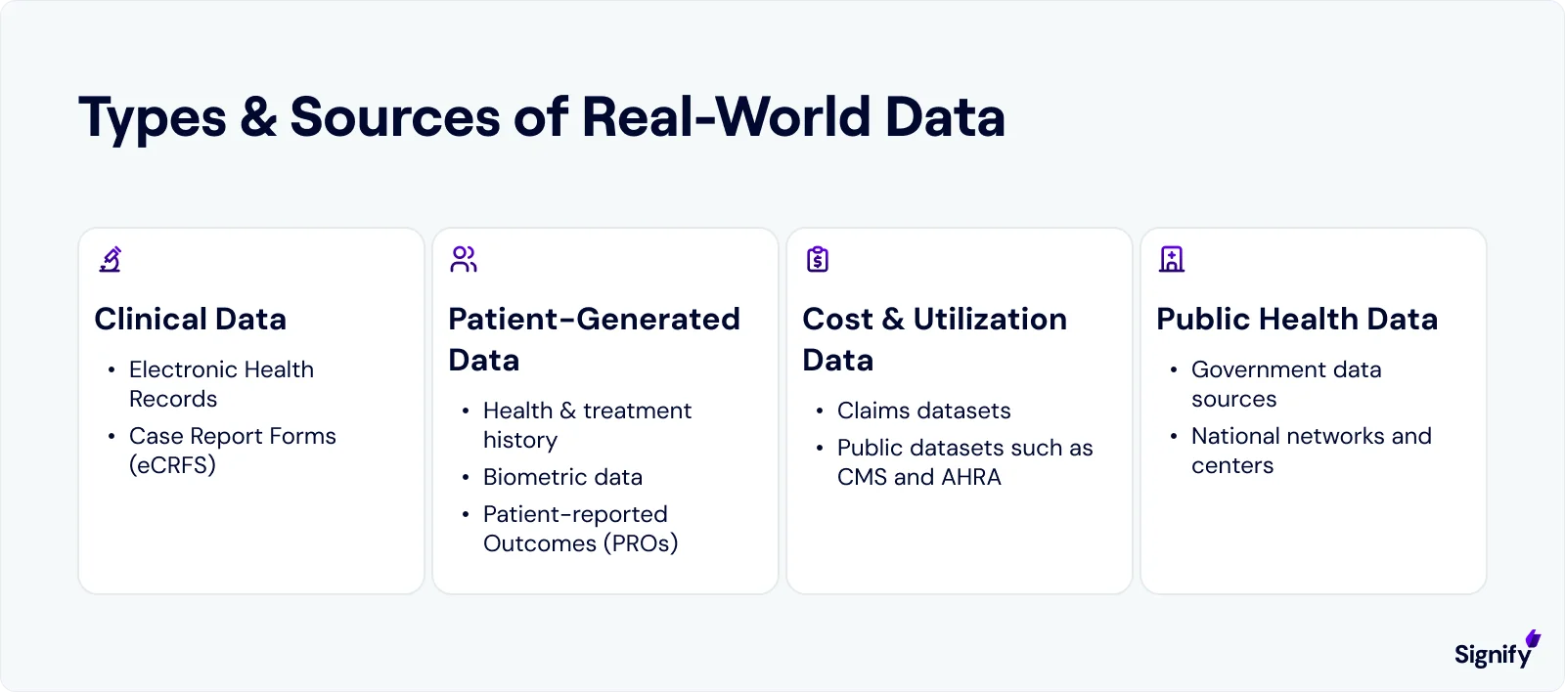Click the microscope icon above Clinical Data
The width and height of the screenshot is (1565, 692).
coord(111,259)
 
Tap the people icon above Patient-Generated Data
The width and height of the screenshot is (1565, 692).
coord(464,259)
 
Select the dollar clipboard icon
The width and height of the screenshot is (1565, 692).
coord(818,259)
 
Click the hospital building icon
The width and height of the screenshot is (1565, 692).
coord(1172,259)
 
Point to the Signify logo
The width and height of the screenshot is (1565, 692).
coord(1496,650)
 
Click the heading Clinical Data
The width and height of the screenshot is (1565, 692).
coord(191,320)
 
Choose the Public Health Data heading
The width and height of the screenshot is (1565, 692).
coord(1297,320)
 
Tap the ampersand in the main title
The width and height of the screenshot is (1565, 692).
coord(258,117)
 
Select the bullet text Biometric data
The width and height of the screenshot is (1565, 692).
coord(562,477)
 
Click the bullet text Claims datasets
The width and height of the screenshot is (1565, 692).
coord(923,411)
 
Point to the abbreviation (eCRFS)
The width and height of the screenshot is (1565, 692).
coord(172,465)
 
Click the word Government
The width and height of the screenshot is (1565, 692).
coord(1258,369)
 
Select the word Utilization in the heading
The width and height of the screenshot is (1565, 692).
coord(990,320)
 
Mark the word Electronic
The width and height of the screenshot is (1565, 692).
coord(182,369)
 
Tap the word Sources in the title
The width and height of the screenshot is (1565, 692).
coord(396,117)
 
